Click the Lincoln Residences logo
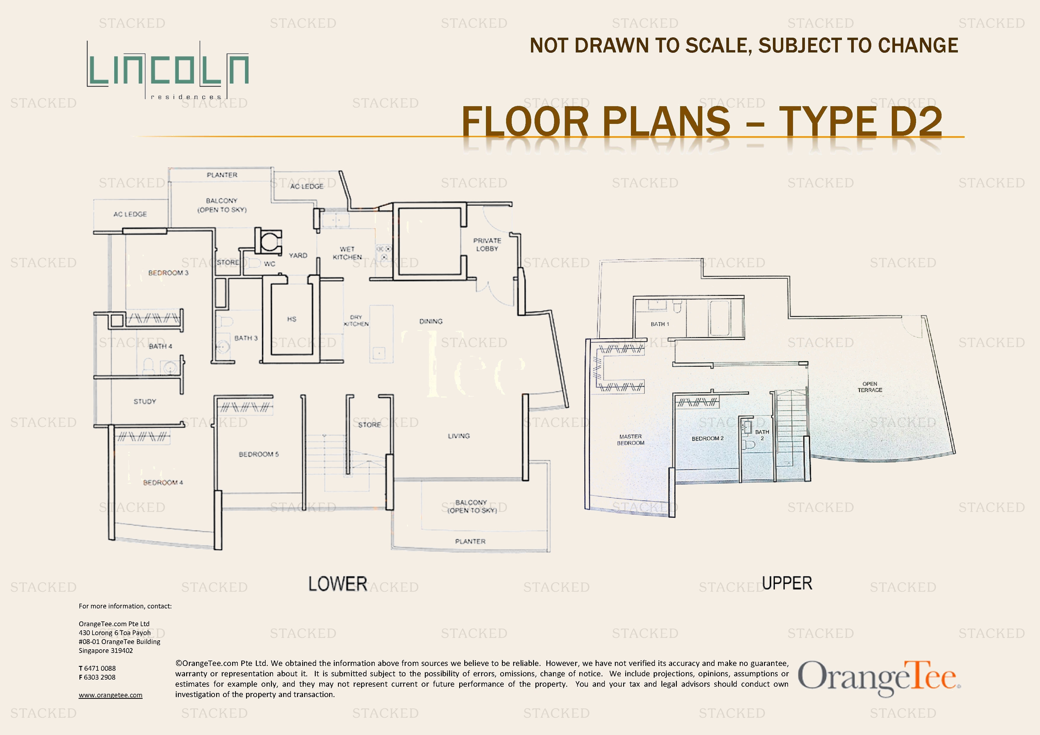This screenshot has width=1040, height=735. click(x=168, y=70)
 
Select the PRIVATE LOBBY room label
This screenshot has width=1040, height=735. click(x=487, y=245)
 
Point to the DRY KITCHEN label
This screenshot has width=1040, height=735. click(x=356, y=321)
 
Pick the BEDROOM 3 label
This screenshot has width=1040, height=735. click(x=168, y=273)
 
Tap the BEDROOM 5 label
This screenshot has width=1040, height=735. click(x=259, y=454)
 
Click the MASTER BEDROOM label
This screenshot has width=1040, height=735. click(x=631, y=440)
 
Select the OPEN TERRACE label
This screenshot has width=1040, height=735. click(x=870, y=387)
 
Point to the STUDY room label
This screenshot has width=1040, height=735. click(x=145, y=401)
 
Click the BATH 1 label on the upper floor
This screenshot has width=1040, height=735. click(x=660, y=324)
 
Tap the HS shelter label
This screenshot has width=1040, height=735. click(x=292, y=319)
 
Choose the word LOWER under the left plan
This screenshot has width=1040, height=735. click(x=338, y=584)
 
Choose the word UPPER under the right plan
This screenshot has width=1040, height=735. click(x=787, y=583)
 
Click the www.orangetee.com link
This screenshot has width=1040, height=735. click(x=111, y=695)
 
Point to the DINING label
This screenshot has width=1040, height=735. click(x=431, y=321)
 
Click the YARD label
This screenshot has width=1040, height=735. click(x=298, y=255)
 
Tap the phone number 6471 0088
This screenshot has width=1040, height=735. click(x=100, y=668)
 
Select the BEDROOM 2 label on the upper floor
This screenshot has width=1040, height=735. click(x=708, y=439)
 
